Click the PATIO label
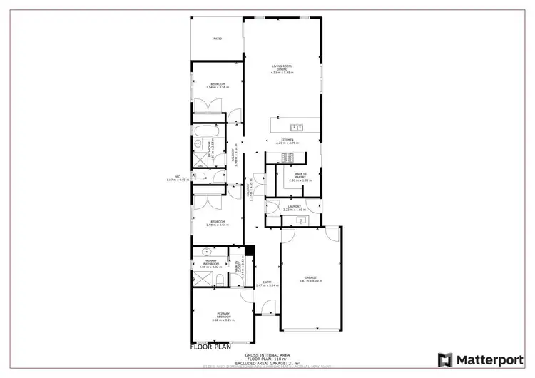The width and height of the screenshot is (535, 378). (x=218, y=39)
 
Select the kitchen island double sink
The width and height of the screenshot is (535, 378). (x=300, y=128)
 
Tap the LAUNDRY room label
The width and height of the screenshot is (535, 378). (x=294, y=208)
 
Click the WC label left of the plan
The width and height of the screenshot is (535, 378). (x=178, y=178)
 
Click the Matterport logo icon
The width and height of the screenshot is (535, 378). (x=445, y=359)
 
